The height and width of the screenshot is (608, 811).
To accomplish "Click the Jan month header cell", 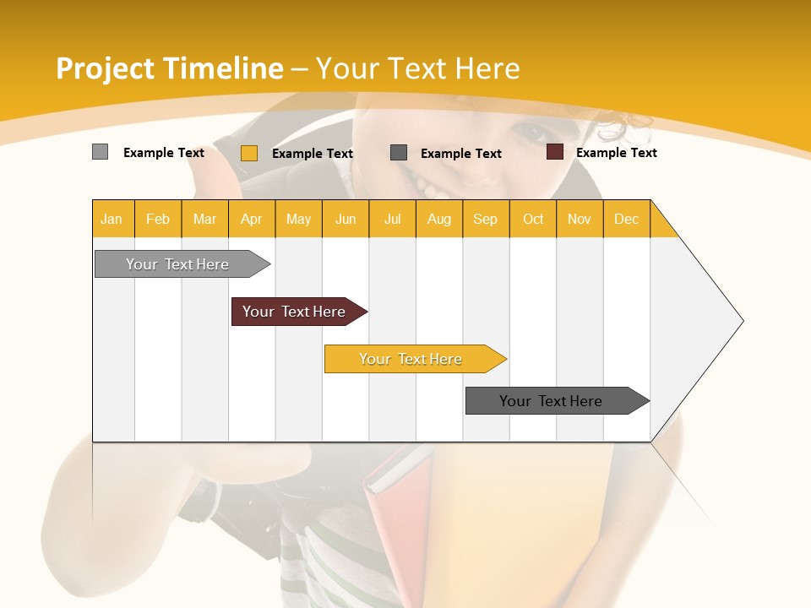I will pyautogui.click(x=112, y=219).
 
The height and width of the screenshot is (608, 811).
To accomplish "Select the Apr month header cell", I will pyautogui.click(x=252, y=219).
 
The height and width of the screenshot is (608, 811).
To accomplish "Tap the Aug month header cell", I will pyautogui.click(x=439, y=219).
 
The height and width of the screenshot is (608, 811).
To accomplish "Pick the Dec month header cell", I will pyautogui.click(x=627, y=219).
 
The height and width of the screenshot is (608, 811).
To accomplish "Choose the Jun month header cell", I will pyautogui.click(x=346, y=219).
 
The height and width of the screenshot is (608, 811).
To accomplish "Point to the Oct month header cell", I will pyautogui.click(x=533, y=219).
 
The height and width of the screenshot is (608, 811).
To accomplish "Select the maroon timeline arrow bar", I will pyautogui.click(x=296, y=312).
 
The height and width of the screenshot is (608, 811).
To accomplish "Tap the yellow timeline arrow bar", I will pyautogui.click(x=411, y=359).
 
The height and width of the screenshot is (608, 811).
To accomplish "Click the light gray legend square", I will pyautogui.click(x=100, y=152).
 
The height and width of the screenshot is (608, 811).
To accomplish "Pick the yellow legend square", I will pyautogui.click(x=248, y=153).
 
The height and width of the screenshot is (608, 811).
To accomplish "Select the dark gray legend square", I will pyautogui.click(x=399, y=153).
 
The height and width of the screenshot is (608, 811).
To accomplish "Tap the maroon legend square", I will pyautogui.click(x=555, y=152).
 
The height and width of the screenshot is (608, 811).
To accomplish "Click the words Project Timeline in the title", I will pyautogui.click(x=169, y=68).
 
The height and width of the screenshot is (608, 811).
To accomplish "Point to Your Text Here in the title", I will pyautogui.click(x=417, y=68).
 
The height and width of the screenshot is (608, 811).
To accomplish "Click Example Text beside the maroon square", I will pyautogui.click(x=616, y=153).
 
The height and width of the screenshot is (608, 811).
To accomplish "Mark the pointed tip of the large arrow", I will pyautogui.click(x=742, y=321).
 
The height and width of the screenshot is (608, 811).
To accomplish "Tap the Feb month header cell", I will pyautogui.click(x=158, y=219).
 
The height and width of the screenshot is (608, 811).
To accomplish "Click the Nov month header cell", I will pyautogui.click(x=580, y=219).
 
